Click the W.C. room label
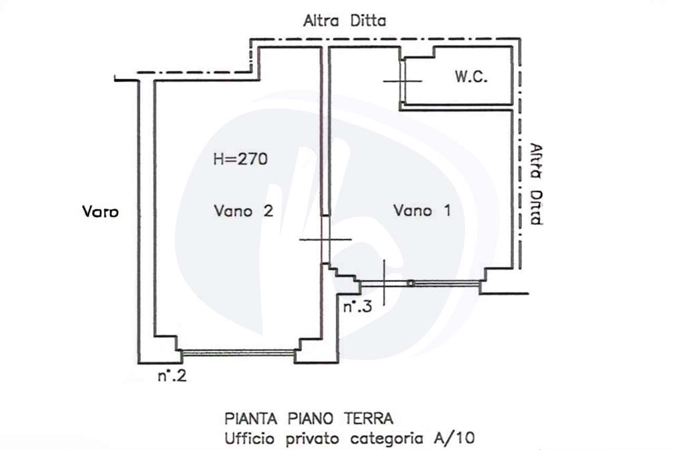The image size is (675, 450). pos(471,78)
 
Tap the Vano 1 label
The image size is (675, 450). pos(422,211)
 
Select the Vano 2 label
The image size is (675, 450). pos(243,211)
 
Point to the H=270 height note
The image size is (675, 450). pos(240,159)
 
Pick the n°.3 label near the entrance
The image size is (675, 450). pos(358,307)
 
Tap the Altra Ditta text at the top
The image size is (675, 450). pos(344,21)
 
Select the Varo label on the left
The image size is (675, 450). pos(100,212)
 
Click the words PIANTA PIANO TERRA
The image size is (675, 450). pos(309,419)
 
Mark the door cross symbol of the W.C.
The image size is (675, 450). pos(403,81)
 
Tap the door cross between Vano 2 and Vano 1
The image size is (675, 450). pos(325,240)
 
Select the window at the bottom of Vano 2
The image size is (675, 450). pos(237,352)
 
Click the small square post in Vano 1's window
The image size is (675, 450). pos(411,283)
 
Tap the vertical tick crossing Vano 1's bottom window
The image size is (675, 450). pos(384,283)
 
